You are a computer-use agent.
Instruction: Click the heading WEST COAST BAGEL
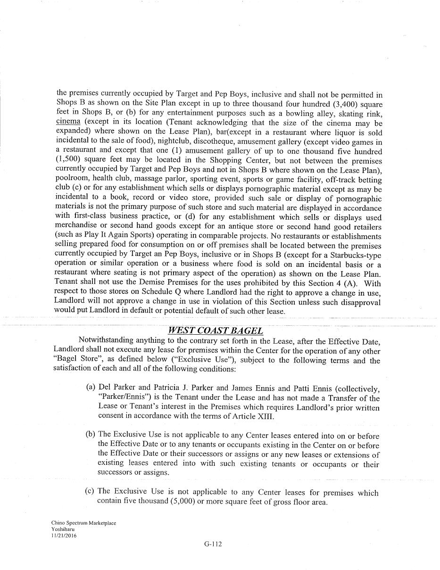click(215, 330)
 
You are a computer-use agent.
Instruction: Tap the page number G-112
click(213, 544)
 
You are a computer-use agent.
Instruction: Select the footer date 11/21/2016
click(64, 536)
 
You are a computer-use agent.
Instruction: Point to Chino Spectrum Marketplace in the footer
click(83, 523)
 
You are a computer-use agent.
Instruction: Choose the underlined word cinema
click(68, 122)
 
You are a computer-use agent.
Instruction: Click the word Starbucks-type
click(353, 255)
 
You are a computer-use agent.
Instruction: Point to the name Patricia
click(168, 388)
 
